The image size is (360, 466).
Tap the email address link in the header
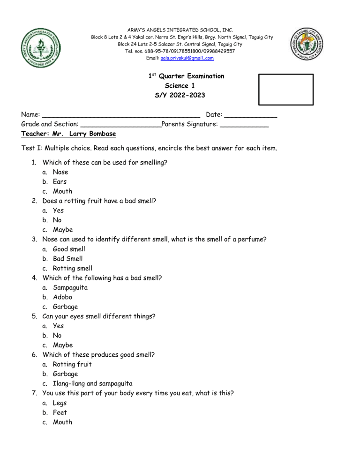(187, 58)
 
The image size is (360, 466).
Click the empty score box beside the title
(286, 89)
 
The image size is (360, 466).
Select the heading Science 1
(183, 85)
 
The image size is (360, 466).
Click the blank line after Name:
(122, 115)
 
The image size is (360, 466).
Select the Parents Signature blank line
(244, 125)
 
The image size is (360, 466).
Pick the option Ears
(60, 182)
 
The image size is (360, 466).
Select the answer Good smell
(69, 249)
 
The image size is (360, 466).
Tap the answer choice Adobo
(63, 297)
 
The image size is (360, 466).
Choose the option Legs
(60, 403)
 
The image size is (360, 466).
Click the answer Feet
(60, 413)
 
